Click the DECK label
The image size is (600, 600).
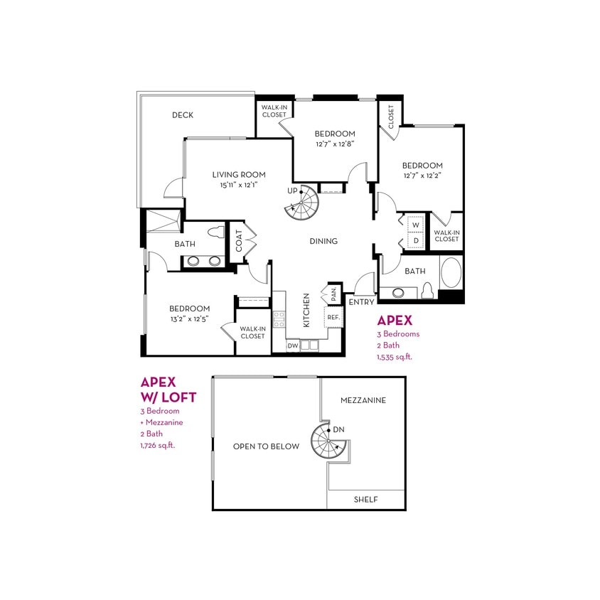click(x=183, y=115)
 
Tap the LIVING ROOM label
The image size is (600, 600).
click(x=239, y=174)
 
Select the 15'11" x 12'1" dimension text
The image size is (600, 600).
click(x=239, y=185)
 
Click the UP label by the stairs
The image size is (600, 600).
click(x=292, y=191)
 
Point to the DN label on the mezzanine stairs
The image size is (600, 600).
click(x=338, y=429)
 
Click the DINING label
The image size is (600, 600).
click(x=323, y=241)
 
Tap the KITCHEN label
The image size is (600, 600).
click(x=306, y=310)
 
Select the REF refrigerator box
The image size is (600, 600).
click(x=333, y=317)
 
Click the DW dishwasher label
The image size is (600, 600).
click(x=293, y=346)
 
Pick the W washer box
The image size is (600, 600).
click(x=417, y=225)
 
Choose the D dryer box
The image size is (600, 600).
click(x=417, y=240)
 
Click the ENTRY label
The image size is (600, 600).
click(x=361, y=302)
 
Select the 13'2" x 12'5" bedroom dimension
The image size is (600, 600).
click(x=189, y=319)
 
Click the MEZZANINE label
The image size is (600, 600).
click(x=363, y=400)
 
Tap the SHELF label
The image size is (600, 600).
click(x=366, y=500)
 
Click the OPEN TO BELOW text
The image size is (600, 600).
click(x=266, y=446)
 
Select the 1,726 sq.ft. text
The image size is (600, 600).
click(x=158, y=445)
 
